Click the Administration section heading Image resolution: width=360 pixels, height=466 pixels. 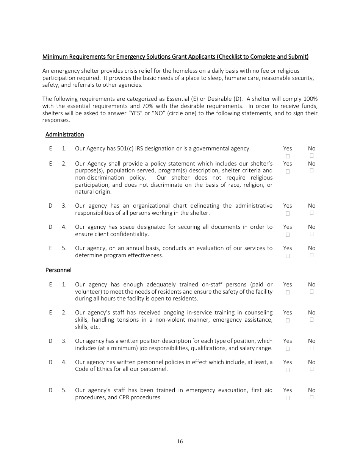pyautogui.click(x=64, y=134)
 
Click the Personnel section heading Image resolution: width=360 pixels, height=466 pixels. pyautogui.click(x=58, y=270)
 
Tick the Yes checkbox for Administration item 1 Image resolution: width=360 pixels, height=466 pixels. pyautogui.click(x=288, y=156)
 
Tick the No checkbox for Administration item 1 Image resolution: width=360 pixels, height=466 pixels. pyautogui.click(x=311, y=156)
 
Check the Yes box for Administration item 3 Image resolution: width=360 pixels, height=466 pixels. pyautogui.click(x=288, y=213)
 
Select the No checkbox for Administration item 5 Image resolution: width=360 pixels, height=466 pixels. pyautogui.click(x=311, y=255)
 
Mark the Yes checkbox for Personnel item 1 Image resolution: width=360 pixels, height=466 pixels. pyautogui.click(x=288, y=292)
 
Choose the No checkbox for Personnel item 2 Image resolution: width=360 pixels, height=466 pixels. pyautogui.click(x=311, y=320)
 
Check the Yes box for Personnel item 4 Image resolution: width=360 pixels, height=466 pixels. pyautogui.click(x=288, y=370)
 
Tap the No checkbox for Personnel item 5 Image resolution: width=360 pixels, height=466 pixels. pyautogui.click(x=311, y=397)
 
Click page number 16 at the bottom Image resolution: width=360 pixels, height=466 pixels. pyautogui.click(x=180, y=441)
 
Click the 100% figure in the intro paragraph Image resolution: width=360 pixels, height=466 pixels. pyautogui.click(x=310, y=99)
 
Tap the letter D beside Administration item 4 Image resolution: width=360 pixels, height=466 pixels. pyautogui.click(x=50, y=227)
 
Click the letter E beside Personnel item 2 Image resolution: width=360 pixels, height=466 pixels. pyautogui.click(x=50, y=313)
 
